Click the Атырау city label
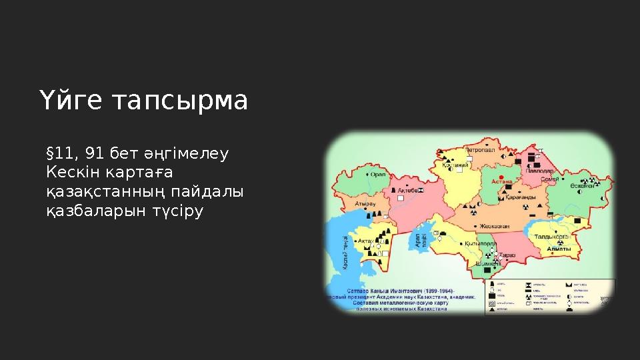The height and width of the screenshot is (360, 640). [x=365, y=203]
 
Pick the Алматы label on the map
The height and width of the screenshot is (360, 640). [x=559, y=249]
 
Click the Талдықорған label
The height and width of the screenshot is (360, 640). [x=551, y=237]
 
